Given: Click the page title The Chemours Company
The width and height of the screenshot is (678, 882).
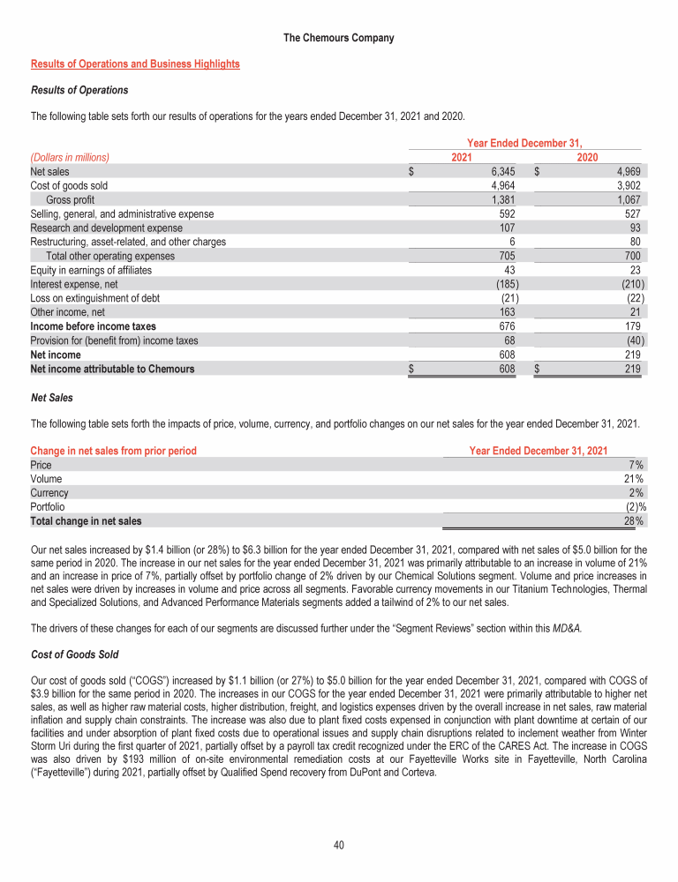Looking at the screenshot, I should click(339, 38).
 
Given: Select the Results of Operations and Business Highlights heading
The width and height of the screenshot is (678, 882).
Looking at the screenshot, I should click(135, 64).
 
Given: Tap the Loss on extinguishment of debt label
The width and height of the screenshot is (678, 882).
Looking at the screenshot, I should click(94, 298).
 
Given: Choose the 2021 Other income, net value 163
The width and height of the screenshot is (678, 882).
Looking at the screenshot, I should click(507, 312).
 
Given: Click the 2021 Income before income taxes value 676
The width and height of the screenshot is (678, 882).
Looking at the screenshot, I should click(507, 326).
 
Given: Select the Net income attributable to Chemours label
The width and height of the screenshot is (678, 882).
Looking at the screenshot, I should click(112, 369).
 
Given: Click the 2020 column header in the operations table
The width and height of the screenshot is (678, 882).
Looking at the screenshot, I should click(587, 158).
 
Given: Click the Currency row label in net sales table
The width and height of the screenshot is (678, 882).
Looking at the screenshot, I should click(49, 494).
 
